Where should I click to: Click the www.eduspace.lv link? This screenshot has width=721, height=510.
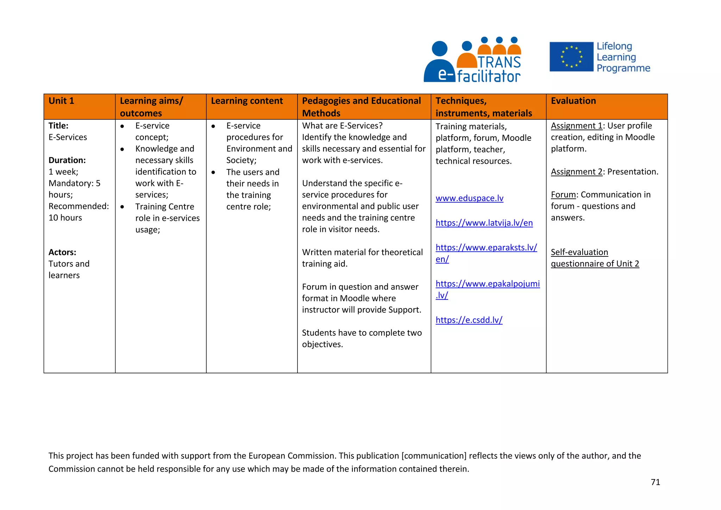point(469,198)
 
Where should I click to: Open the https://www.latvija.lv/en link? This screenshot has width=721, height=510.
point(484,223)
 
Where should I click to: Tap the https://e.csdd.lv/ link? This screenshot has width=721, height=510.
point(469,320)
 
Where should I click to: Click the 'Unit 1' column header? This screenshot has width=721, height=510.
point(61,101)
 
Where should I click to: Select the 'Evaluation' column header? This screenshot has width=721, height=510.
point(573,101)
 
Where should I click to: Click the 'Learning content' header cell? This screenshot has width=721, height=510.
point(247,101)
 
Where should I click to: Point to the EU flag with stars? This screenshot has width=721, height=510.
point(571,57)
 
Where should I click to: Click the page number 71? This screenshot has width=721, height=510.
point(655,482)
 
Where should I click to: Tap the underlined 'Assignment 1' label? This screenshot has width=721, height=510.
point(576,126)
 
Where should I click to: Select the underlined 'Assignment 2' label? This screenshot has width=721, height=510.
point(576,172)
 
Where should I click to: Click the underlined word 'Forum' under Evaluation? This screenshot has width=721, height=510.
point(563,195)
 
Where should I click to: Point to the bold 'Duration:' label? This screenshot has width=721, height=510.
point(67,160)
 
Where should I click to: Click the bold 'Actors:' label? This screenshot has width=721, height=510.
point(62,252)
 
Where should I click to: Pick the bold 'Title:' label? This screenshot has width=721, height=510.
point(58,126)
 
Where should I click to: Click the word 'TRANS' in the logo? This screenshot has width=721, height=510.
point(499,62)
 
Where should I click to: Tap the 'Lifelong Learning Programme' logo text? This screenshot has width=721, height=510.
point(623,57)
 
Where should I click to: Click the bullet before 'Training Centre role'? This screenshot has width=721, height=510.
point(122,207)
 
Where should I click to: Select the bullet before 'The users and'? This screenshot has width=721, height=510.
point(213,172)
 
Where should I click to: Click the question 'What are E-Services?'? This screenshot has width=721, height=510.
point(342,126)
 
